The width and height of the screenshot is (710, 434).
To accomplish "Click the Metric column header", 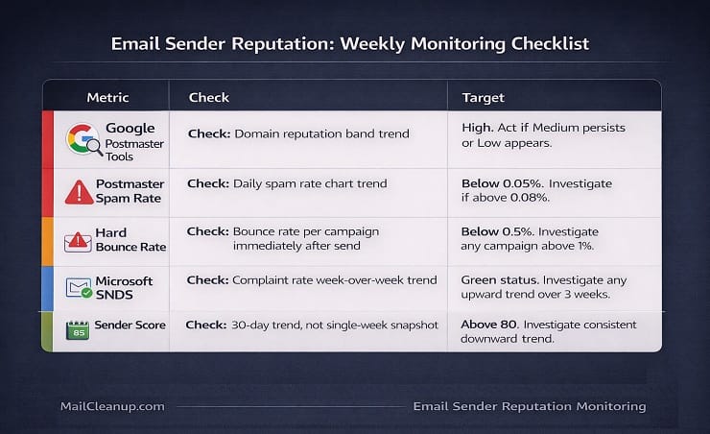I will coord(107,97).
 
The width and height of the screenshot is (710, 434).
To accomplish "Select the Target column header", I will coord(483,97).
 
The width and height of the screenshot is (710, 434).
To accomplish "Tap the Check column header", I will coord(208,97).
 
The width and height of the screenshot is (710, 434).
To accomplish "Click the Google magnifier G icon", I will coord(83,140).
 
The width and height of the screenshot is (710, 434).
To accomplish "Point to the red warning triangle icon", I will coord(79,191).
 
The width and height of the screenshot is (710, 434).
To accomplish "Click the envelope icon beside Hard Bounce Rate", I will coord(78,241).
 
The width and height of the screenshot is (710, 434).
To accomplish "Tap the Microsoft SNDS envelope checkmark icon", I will coord(78,287).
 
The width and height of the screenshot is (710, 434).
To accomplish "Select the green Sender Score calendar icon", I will coord(77,330).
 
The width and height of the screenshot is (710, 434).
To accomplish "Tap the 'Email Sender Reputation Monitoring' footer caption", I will coord(529,406).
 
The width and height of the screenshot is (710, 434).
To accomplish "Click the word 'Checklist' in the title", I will coord(542,43).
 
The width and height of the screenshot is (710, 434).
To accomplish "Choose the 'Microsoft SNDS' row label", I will coord(124,287).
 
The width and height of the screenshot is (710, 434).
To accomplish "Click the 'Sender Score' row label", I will coord(130,325).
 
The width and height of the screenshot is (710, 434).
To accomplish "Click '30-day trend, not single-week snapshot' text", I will coord(336,325).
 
